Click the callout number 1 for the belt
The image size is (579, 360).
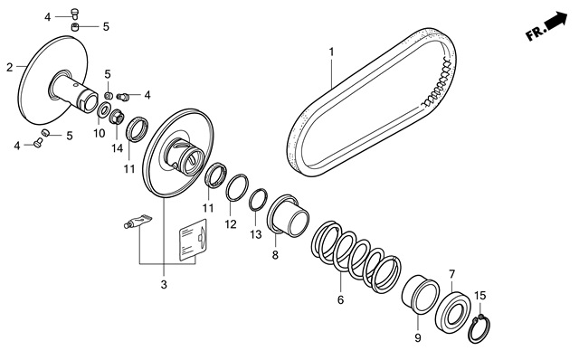pos(331,52)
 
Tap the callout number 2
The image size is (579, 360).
pos(10,67)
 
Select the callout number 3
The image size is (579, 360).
pos(164,285)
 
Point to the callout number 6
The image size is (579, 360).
pos(340,299)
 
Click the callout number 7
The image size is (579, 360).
pos(452,274)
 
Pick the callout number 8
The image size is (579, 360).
pos(275,255)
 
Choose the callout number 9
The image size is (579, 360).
pos(418,338)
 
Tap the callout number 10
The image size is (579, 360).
pos(99,133)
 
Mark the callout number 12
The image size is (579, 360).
pos(231,224)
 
